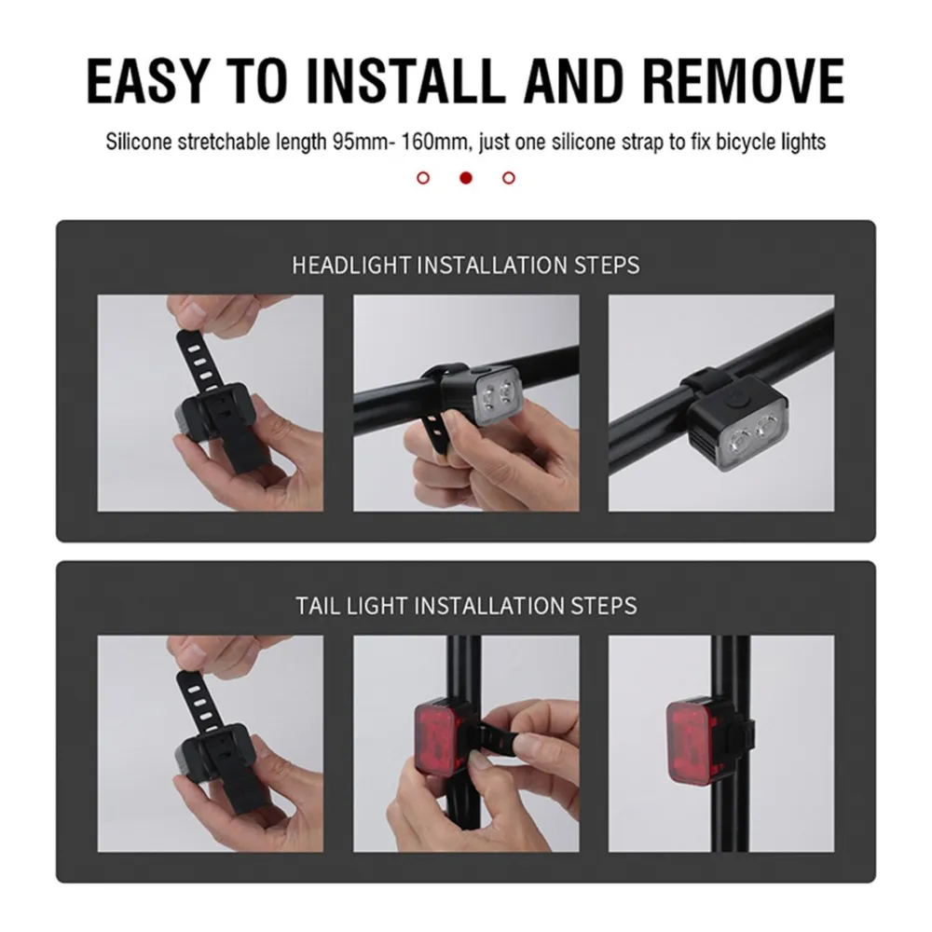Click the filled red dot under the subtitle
click(466, 178)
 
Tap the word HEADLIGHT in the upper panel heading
click(351, 265)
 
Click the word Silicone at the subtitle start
click(139, 142)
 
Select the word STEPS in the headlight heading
click(607, 265)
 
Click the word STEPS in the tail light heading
click(604, 606)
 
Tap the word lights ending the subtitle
click(803, 142)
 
